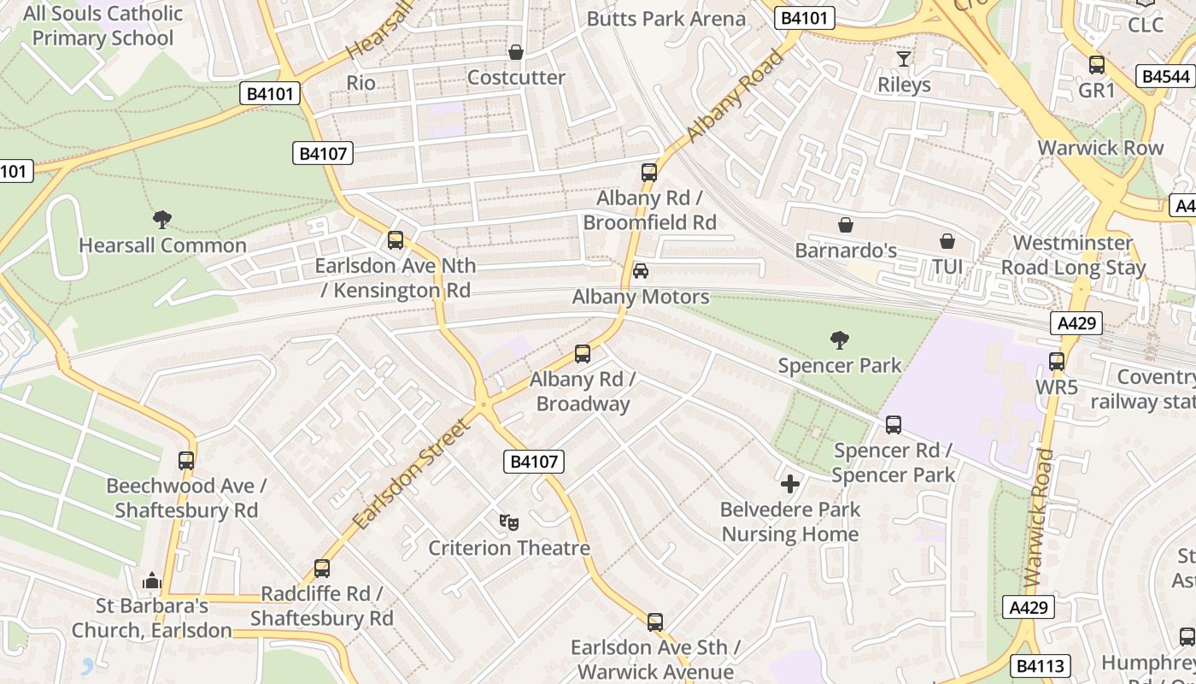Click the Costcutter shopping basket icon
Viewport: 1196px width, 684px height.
pyautogui.click(x=516, y=53)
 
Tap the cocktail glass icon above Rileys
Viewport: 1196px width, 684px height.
pyautogui.click(x=904, y=59)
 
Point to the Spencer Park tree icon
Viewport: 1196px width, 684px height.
pyautogui.click(x=840, y=340)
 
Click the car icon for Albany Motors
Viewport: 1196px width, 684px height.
pyautogui.click(x=640, y=271)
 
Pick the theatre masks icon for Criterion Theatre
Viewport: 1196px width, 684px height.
pyautogui.click(x=509, y=522)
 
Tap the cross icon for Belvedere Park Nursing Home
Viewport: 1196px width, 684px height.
pyautogui.click(x=790, y=484)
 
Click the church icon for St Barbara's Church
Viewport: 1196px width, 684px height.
pyautogui.click(x=152, y=581)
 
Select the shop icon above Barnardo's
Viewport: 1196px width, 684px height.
pyautogui.click(x=846, y=225)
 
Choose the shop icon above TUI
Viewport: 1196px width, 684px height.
pyautogui.click(x=947, y=241)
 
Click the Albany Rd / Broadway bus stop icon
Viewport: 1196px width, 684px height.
pyautogui.click(x=583, y=353)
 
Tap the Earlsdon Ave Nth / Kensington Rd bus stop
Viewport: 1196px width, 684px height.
pyautogui.click(x=396, y=240)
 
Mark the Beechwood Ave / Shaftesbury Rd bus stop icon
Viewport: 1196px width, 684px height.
pyautogui.click(x=186, y=461)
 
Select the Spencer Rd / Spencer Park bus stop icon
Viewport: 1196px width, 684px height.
pyautogui.click(x=894, y=425)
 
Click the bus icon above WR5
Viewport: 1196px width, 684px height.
pyautogui.click(x=1057, y=362)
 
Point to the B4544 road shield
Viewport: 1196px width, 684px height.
pyautogui.click(x=1165, y=77)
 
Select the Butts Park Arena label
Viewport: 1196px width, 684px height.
pyautogui.click(x=666, y=19)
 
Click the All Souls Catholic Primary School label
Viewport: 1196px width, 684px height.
pyautogui.click(x=103, y=26)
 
